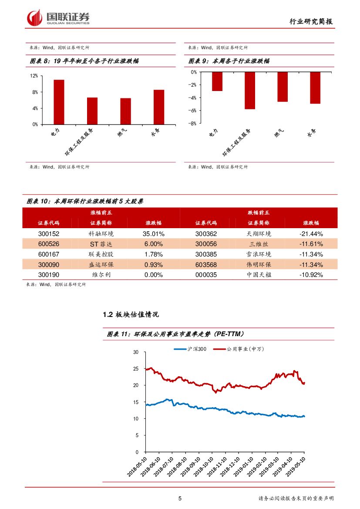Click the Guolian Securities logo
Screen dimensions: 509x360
[x=58, y=17]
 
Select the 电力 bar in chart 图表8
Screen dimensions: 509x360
[x=59, y=102]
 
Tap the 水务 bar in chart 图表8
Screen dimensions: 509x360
[x=159, y=107]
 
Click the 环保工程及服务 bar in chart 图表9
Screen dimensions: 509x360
[x=250, y=91]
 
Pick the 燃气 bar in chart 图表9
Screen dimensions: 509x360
[x=283, y=87]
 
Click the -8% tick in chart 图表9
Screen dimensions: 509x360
[x=193, y=124]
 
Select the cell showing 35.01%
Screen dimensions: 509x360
[x=153, y=233]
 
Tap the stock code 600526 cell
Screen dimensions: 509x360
[x=49, y=244]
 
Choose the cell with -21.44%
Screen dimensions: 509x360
[x=311, y=233]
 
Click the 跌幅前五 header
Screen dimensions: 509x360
[x=258, y=212]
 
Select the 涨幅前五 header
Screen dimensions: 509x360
[x=101, y=212]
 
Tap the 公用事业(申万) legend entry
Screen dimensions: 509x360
[x=245, y=349]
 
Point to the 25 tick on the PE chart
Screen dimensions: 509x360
[x=136, y=369]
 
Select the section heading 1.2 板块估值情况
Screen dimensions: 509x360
[x=131, y=314]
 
